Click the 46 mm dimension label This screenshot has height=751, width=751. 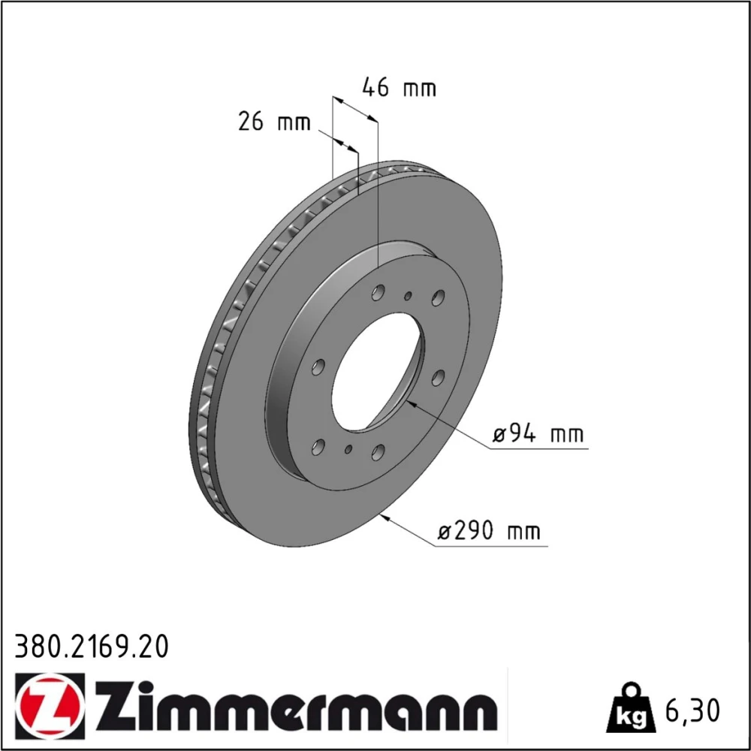click(x=399, y=88)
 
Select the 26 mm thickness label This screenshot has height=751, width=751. click(x=274, y=122)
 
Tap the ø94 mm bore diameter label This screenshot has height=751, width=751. click(x=538, y=434)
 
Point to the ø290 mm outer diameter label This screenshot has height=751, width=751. click(x=489, y=531)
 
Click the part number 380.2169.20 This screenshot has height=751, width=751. click(x=92, y=647)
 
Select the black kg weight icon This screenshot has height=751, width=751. click(x=630, y=709)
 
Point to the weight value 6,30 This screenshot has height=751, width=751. click(x=692, y=710)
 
